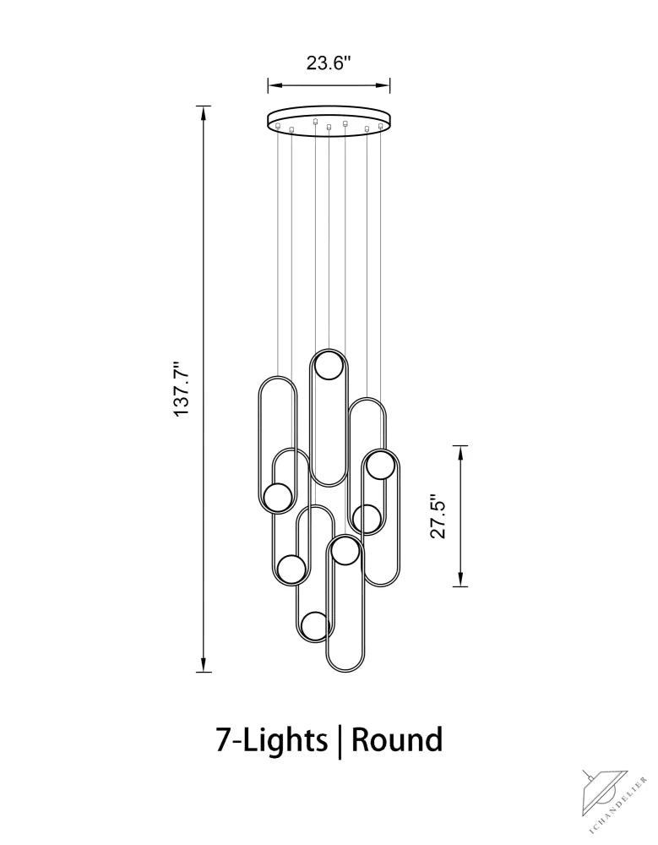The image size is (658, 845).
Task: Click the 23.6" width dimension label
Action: (x=329, y=63)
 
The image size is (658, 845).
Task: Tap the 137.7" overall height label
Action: (x=182, y=389)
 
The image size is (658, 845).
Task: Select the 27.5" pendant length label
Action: (x=438, y=516)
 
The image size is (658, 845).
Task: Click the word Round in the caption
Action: (x=397, y=739)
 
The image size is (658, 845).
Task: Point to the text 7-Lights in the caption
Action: (x=272, y=739)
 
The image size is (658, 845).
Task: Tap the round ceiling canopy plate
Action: (x=329, y=121)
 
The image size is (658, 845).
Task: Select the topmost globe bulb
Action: (x=329, y=365)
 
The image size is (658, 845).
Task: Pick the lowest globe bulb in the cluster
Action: (x=315, y=626)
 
